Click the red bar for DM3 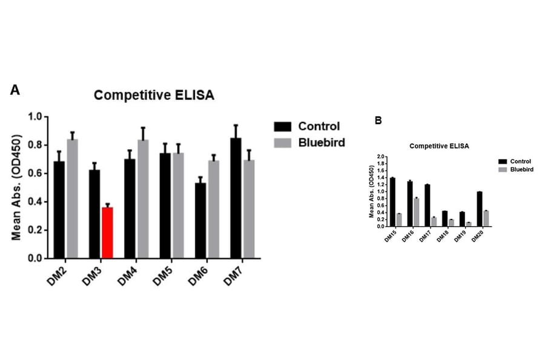click(x=107, y=233)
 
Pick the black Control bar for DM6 click(x=200, y=221)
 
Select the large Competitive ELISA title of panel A click(x=154, y=95)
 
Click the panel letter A click(x=15, y=90)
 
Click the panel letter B click(x=378, y=120)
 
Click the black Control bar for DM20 click(x=479, y=209)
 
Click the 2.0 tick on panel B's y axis click(x=382, y=156)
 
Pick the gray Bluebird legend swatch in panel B click(x=502, y=170)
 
